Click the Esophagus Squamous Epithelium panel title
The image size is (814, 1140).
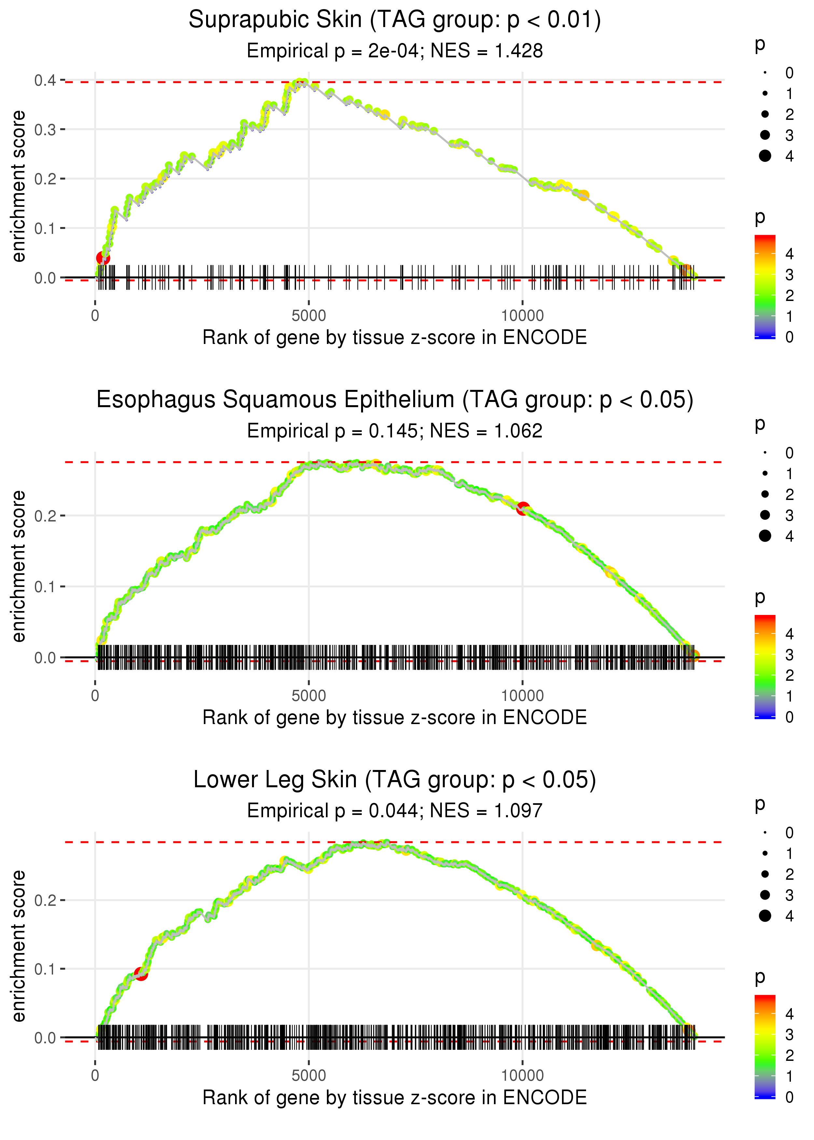click(395, 400)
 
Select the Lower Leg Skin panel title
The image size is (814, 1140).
click(395, 780)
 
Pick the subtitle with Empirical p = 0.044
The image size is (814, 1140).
click(395, 811)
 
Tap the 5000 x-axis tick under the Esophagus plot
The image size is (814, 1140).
click(309, 696)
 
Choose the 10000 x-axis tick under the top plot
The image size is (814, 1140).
click(522, 316)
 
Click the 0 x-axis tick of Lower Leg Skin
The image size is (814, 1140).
click(95, 1076)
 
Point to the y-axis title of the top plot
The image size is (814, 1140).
click(19, 187)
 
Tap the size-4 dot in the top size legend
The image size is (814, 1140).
click(765, 156)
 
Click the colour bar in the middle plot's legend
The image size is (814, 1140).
click(765, 667)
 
